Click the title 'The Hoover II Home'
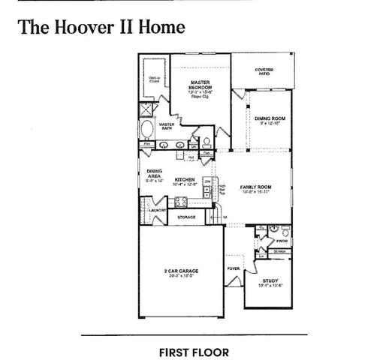tap(99, 27)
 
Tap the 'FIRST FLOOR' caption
tap(193, 351)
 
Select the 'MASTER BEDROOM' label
tap(200, 85)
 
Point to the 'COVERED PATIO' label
tap(263, 71)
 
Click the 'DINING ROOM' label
tap(267, 119)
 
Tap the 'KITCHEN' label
tap(185, 181)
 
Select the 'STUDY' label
tap(270, 281)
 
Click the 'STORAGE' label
tap(186, 217)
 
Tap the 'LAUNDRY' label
tap(157, 211)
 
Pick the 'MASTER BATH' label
tap(167, 126)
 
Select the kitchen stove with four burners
tap(180, 201)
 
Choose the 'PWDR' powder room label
tap(282, 241)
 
